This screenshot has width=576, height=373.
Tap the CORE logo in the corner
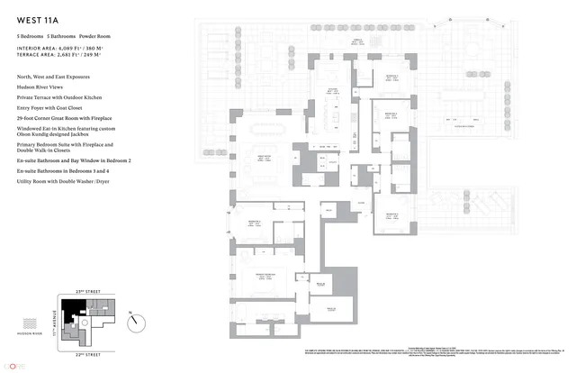click(x=13, y=366)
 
